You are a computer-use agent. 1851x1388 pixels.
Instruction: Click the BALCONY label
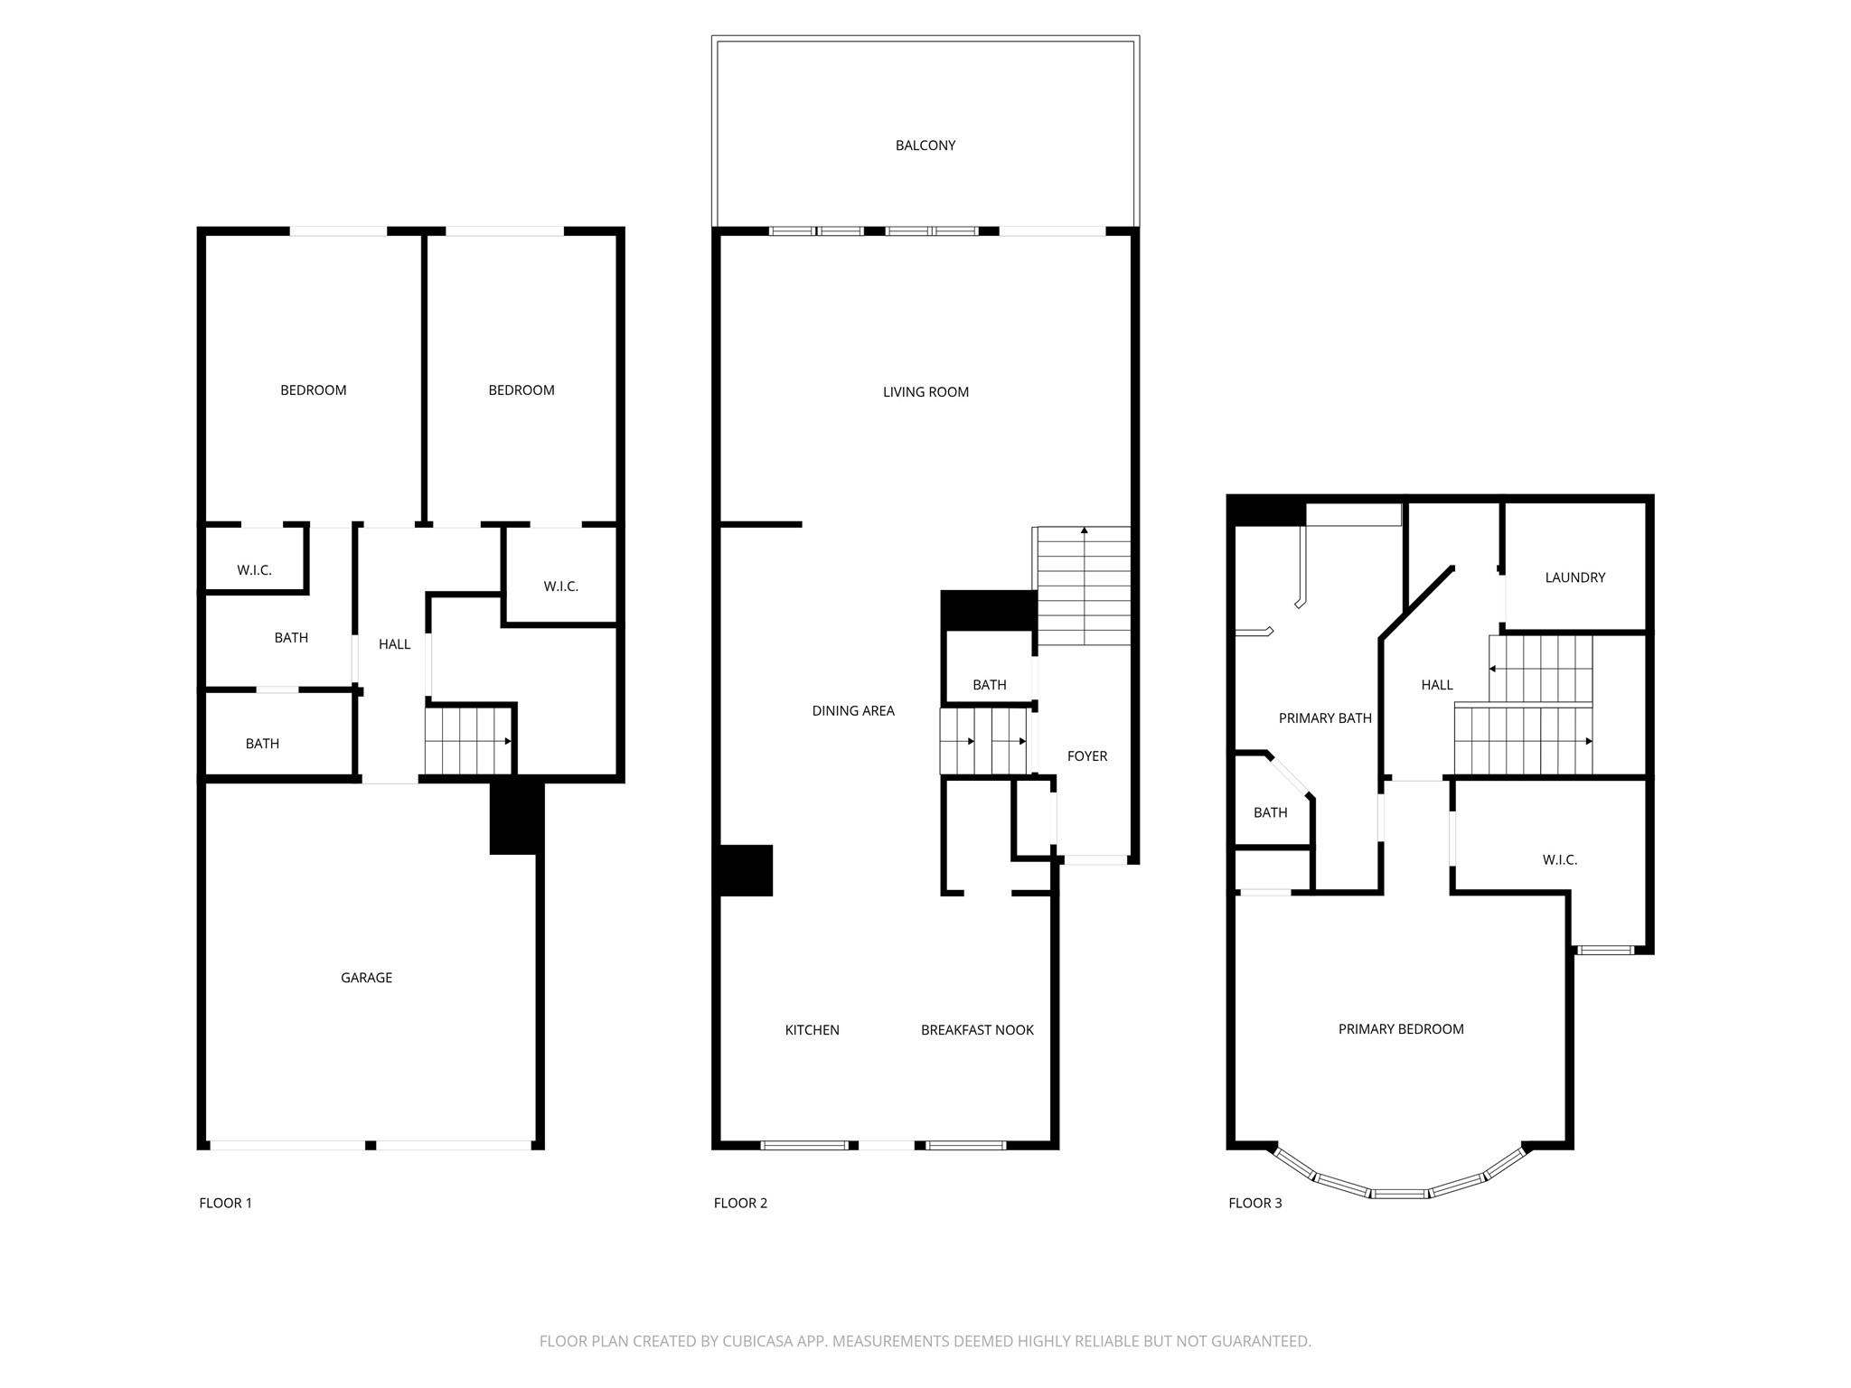coord(925,145)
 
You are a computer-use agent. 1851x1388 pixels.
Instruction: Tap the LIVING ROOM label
coord(925,392)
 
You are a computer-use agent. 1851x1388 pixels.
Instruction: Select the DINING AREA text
coord(853,711)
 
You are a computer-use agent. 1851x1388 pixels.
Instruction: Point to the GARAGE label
coord(366,978)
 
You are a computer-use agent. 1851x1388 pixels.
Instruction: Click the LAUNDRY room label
coord(1574,577)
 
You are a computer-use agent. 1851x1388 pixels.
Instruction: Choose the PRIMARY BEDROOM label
coord(1401,1029)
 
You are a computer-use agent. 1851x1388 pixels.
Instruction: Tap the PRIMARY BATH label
coord(1325,718)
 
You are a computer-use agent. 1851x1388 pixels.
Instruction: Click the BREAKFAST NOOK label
coord(977,1030)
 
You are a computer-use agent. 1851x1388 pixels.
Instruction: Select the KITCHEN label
coord(812,1030)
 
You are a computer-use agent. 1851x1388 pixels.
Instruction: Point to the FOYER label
coord(1086,756)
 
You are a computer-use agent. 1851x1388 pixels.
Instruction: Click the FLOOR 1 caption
coord(225,1203)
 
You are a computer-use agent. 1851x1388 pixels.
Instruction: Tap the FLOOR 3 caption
coord(1254,1203)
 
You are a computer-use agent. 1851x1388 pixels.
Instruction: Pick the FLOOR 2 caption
coord(740,1203)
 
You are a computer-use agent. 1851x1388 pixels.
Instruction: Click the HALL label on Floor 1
coord(394,644)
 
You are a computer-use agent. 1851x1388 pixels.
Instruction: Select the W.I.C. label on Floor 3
coord(1559,860)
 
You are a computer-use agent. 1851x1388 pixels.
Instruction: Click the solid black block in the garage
coord(517,817)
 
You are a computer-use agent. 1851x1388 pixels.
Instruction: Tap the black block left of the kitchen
coord(744,870)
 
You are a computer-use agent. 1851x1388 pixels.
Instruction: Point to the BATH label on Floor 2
coord(989,685)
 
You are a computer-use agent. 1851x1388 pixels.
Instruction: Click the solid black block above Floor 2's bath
coord(988,610)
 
